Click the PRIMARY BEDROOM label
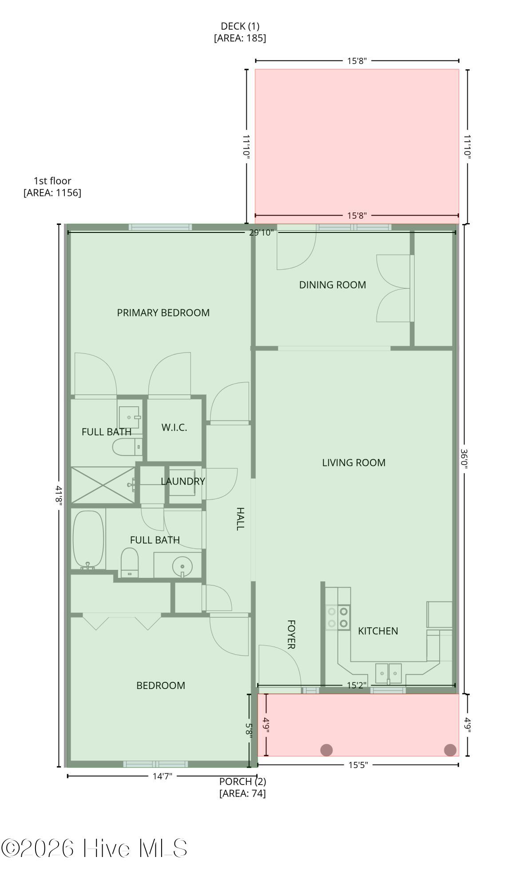[163, 312]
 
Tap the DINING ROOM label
[332, 285]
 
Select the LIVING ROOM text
[353, 463]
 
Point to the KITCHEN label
[378, 631]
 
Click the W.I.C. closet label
[174, 428]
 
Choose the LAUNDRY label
[183, 481]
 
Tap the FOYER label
[291, 634]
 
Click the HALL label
[240, 519]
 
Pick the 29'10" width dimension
[262, 232]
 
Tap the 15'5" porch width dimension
[358, 765]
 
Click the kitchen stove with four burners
[337, 618]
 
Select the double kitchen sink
[389, 673]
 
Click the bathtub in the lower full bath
[88, 539]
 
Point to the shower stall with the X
[103, 485]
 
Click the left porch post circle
[326, 750]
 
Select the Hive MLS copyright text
[94, 848]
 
